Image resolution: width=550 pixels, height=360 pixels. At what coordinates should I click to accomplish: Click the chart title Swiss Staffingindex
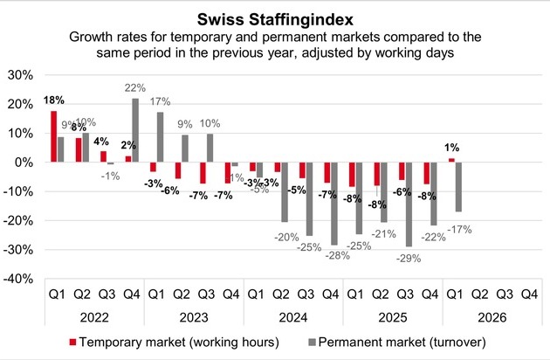[275, 17]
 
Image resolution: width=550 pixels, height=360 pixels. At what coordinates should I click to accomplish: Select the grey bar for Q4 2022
[134, 130]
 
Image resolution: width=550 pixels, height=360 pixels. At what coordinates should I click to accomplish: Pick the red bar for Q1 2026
[451, 161]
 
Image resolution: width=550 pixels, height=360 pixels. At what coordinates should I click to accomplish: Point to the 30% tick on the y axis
[20, 75]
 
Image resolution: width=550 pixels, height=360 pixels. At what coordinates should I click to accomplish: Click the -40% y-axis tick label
[18, 279]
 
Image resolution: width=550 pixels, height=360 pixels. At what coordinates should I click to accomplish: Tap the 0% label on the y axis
[24, 163]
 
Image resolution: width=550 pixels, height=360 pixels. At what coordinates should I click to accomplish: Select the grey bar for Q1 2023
[161, 137]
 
